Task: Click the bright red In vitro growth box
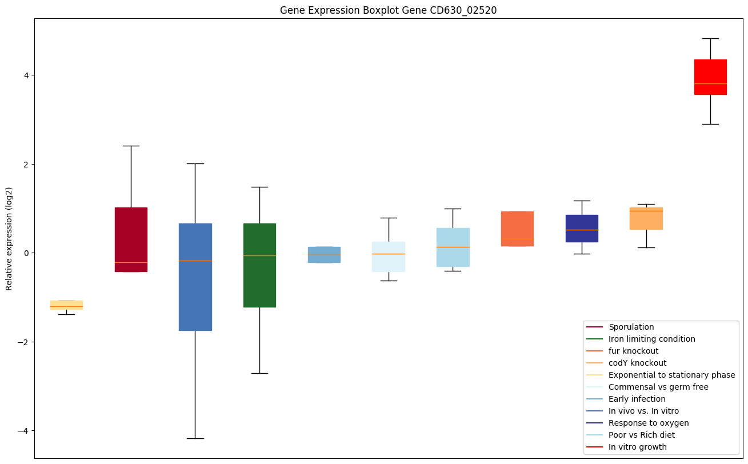click(x=710, y=77)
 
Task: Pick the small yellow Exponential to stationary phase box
click(x=66, y=305)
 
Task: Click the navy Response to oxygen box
click(x=582, y=228)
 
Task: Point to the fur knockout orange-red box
click(x=517, y=229)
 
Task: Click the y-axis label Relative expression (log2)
click(x=9, y=238)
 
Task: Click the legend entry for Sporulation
click(x=631, y=327)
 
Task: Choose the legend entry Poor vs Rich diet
click(x=641, y=435)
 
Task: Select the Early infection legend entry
click(x=637, y=399)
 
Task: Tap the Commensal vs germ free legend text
click(x=658, y=387)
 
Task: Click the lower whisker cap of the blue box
click(x=195, y=438)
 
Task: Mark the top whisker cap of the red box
click(x=710, y=38)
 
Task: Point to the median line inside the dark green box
click(x=259, y=255)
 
